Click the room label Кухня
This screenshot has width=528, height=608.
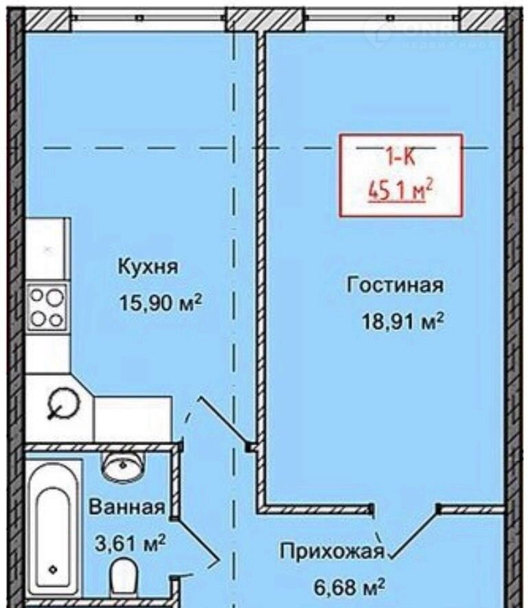click(x=148, y=266)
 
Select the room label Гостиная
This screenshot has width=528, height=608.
click(x=395, y=285)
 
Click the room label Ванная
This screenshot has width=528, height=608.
click(x=127, y=508)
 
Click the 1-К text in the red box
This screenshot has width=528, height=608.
click(x=400, y=157)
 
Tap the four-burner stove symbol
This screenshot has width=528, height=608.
click(x=47, y=307)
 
